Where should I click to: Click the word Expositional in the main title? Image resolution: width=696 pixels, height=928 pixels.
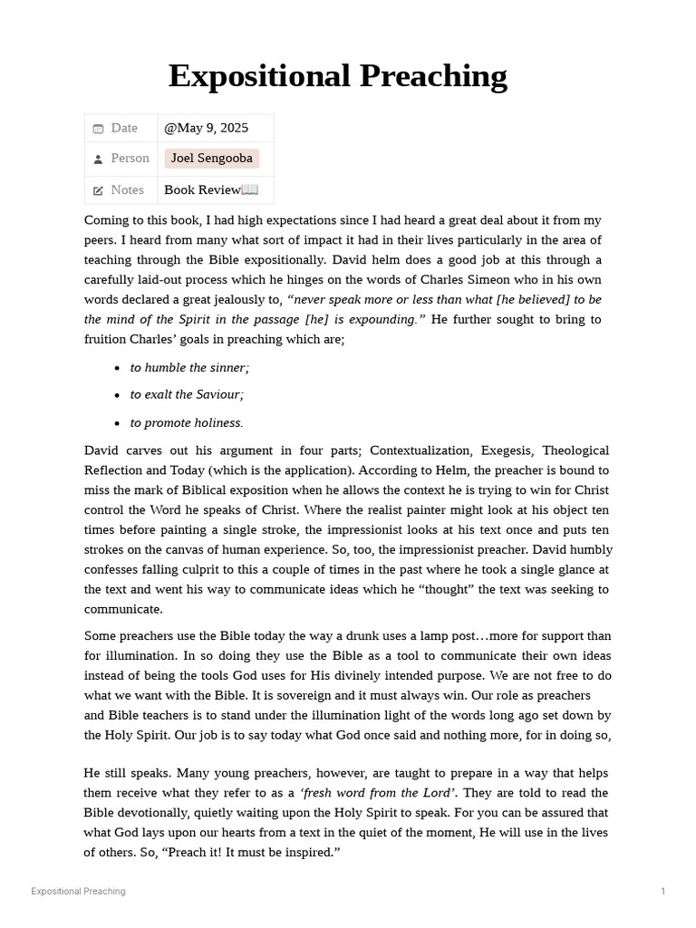point(260,77)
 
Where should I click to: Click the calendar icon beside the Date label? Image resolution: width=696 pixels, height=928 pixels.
point(98,129)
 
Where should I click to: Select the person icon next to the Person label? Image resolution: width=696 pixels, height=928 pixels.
point(98,159)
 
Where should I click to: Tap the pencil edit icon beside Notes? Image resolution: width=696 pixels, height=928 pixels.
point(98,190)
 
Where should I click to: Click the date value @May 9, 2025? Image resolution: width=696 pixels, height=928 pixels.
point(206,128)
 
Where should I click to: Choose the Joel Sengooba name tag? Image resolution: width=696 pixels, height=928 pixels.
point(211,159)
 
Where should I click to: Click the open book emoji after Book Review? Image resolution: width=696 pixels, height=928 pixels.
point(250,189)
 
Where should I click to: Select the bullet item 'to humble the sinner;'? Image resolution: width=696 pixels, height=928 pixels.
point(189,367)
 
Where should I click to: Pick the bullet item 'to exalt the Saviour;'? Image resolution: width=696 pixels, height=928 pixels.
point(187,394)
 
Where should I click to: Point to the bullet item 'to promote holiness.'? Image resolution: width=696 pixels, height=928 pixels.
point(187,422)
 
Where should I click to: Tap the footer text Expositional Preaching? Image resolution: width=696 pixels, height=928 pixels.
point(78,892)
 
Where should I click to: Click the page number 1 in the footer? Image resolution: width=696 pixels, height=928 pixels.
point(662,892)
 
